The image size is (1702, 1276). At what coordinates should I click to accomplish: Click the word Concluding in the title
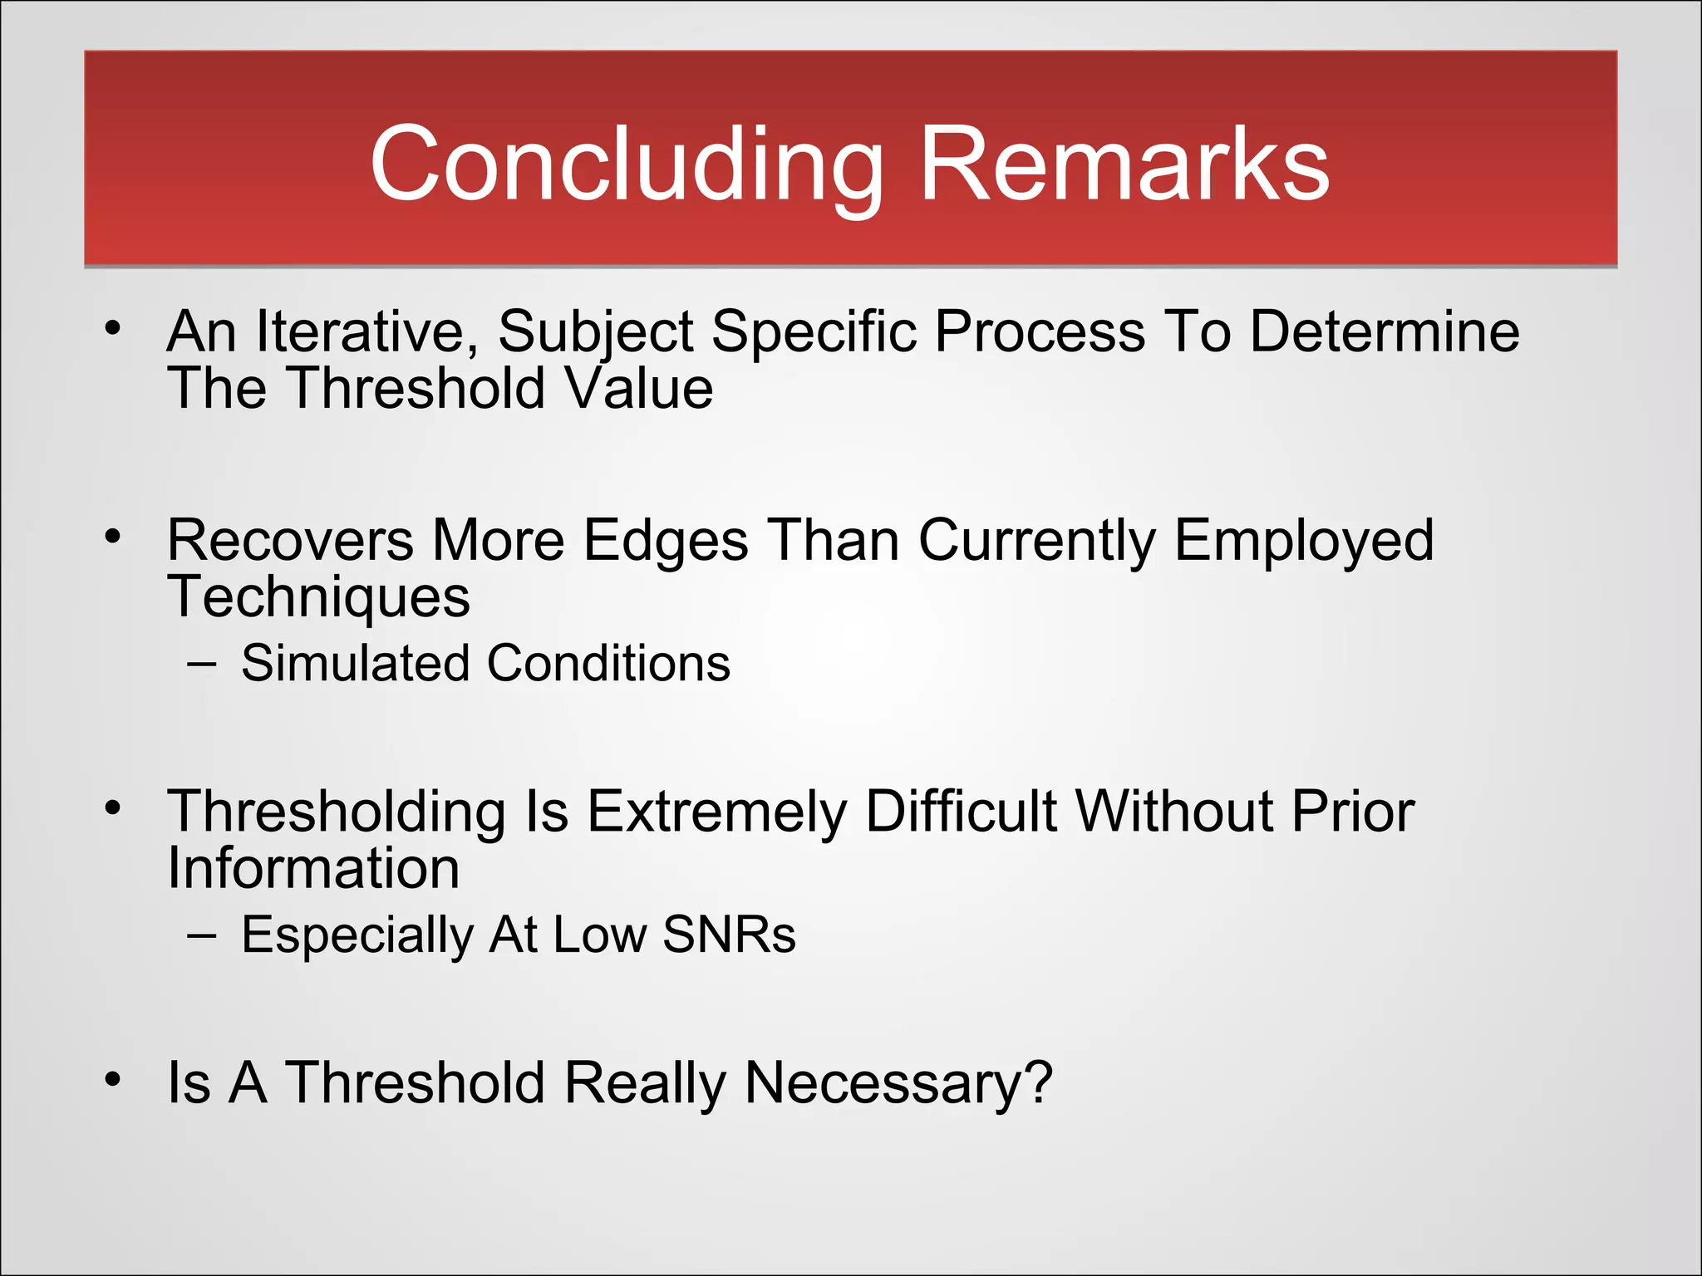pos(627,164)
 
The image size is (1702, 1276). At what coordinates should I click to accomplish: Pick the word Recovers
pos(290,541)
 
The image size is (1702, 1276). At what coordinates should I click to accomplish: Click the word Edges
pos(666,541)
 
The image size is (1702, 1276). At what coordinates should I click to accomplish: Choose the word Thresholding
pos(337,812)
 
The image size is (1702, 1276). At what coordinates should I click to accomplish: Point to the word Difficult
pos(962,812)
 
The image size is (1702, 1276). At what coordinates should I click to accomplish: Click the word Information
pos(313,869)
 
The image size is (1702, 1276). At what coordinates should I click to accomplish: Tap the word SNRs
pos(729,935)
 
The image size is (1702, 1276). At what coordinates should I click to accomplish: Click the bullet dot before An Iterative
pos(113,327)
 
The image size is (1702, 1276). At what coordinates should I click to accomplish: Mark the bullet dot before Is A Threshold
pos(113,1079)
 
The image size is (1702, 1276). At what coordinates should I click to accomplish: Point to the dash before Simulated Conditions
pos(202,665)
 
